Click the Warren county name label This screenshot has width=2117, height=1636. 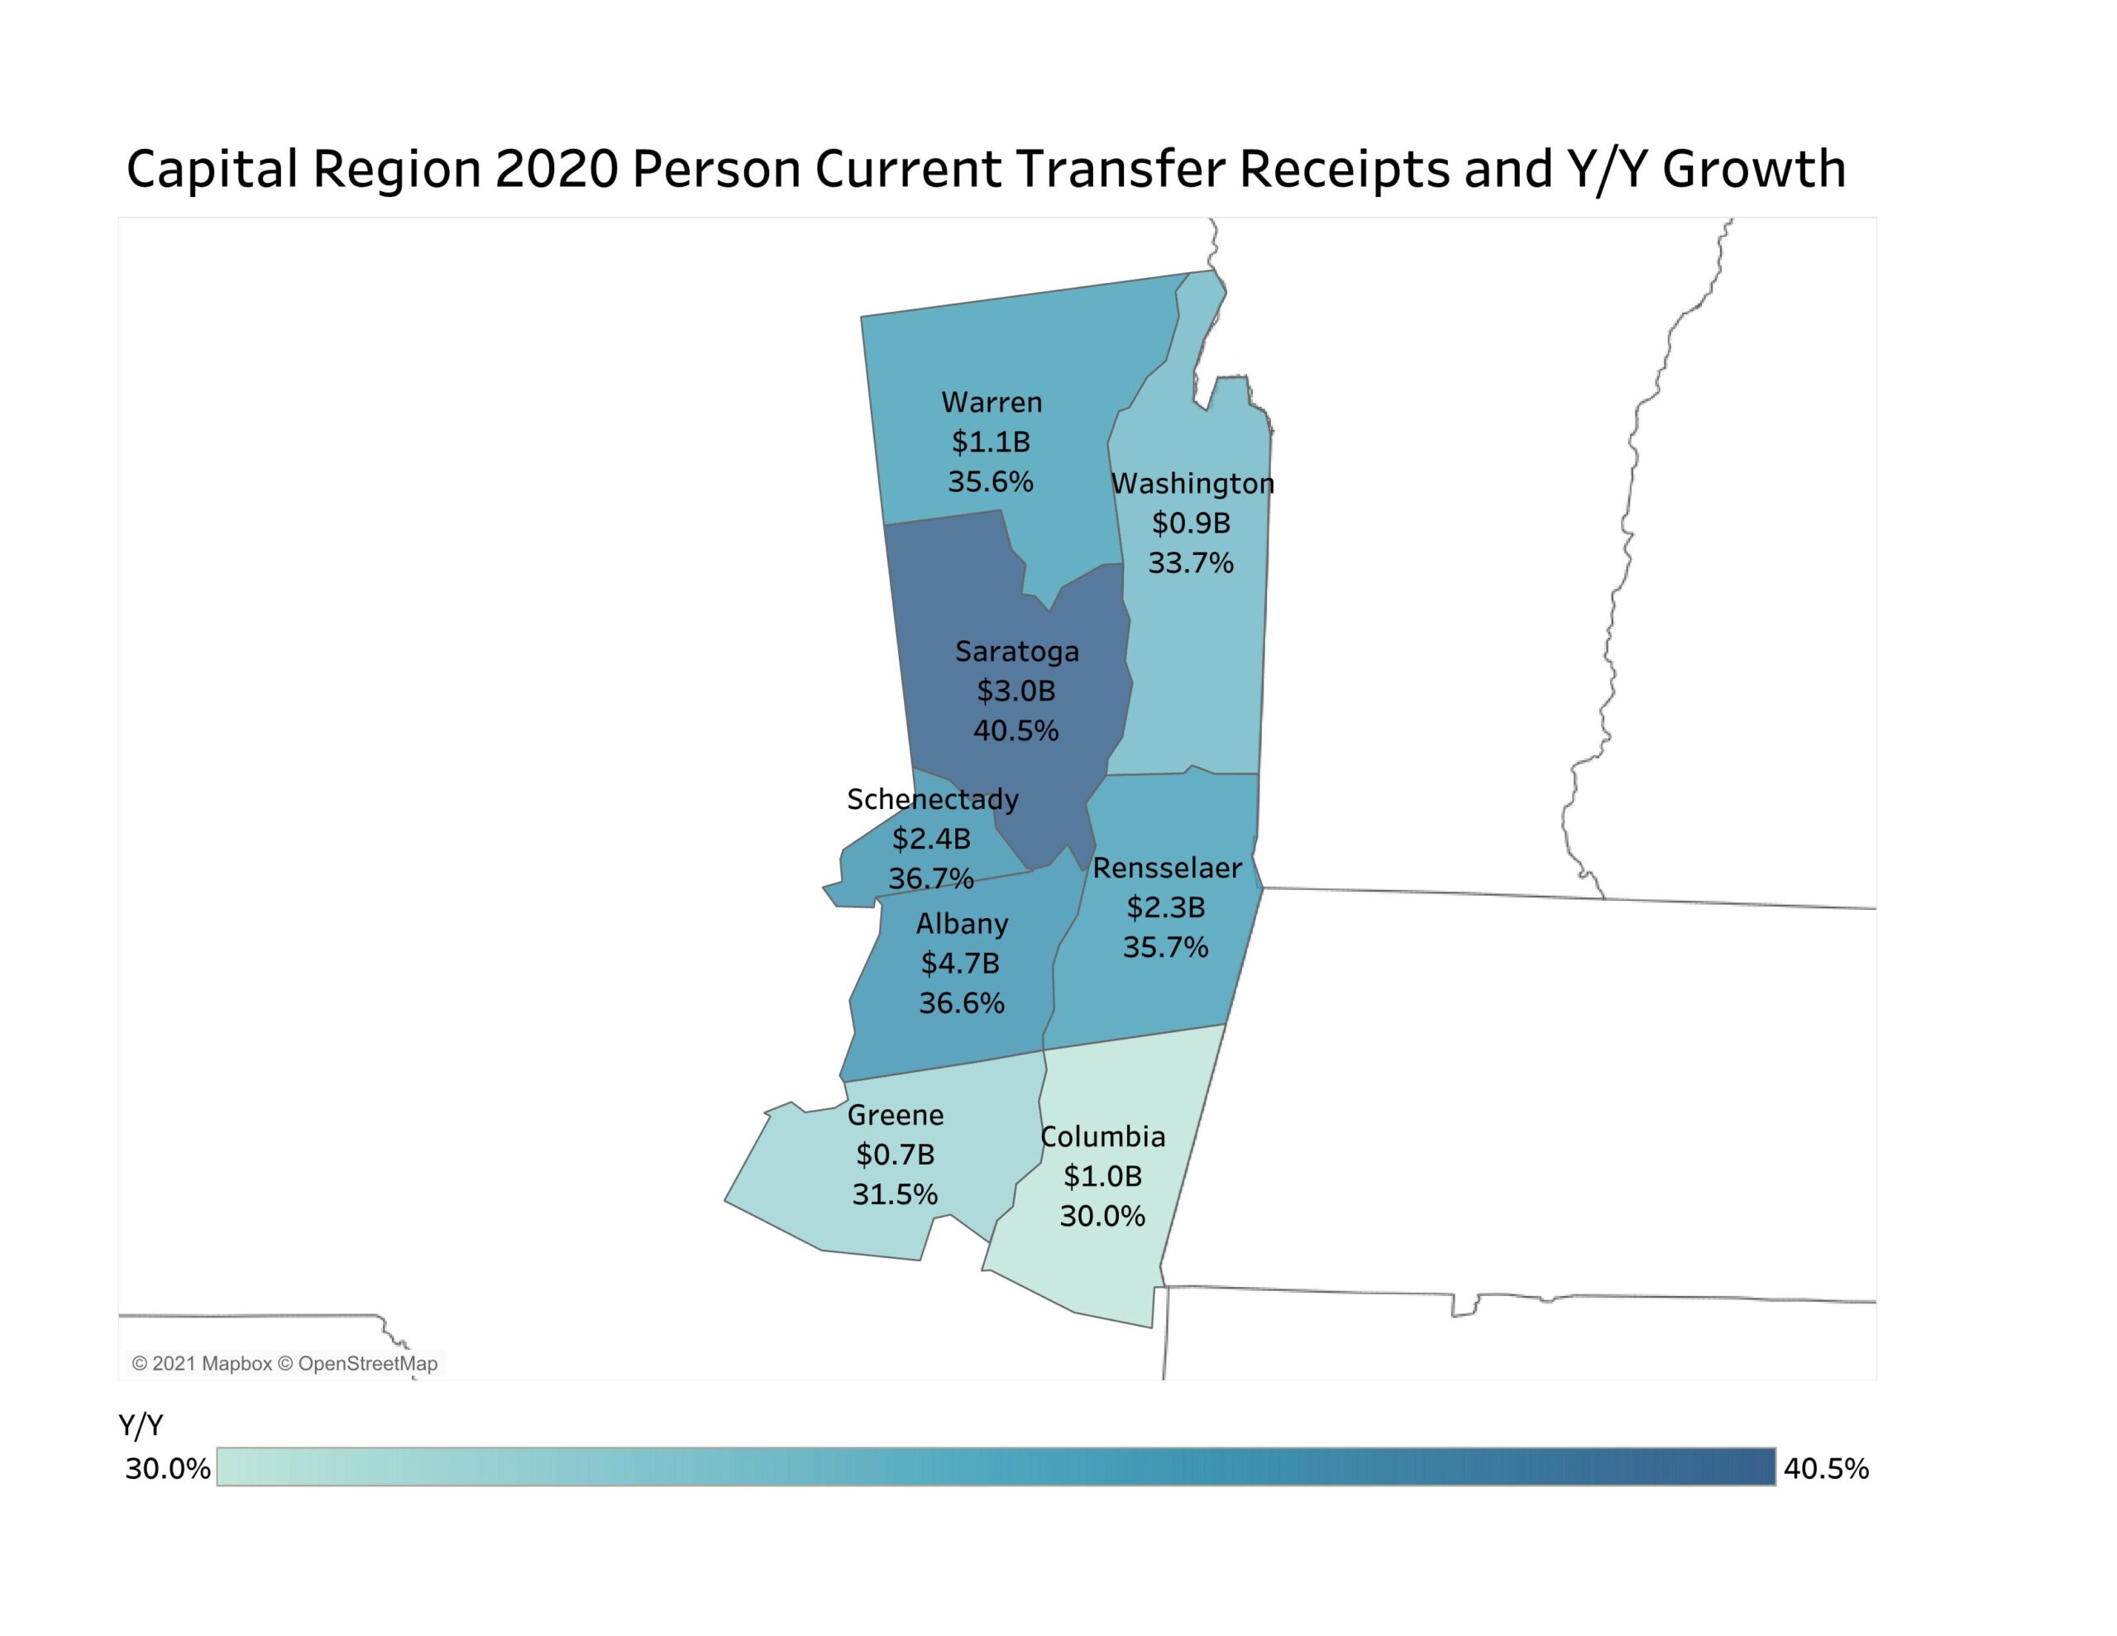tap(992, 403)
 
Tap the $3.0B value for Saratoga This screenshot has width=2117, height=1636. tap(1015, 691)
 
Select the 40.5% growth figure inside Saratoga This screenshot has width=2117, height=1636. tap(1015, 730)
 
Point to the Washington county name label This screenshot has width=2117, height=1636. tap(1192, 483)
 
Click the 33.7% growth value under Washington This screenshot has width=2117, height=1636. tap(1192, 562)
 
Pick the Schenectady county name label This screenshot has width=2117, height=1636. tap(933, 799)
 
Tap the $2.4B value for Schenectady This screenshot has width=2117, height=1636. tap(931, 839)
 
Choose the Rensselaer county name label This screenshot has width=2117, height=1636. tap(1167, 868)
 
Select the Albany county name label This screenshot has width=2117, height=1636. tap(963, 923)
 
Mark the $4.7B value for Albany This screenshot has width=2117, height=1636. tap(961, 963)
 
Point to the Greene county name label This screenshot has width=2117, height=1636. tap(896, 1115)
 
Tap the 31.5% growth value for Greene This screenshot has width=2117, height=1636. tap(895, 1194)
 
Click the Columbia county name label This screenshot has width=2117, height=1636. tap(1103, 1136)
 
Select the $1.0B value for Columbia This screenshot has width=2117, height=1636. tap(1103, 1176)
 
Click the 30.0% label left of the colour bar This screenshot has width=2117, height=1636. tap(168, 1468)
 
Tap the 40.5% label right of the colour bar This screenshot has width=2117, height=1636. tap(1826, 1468)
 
